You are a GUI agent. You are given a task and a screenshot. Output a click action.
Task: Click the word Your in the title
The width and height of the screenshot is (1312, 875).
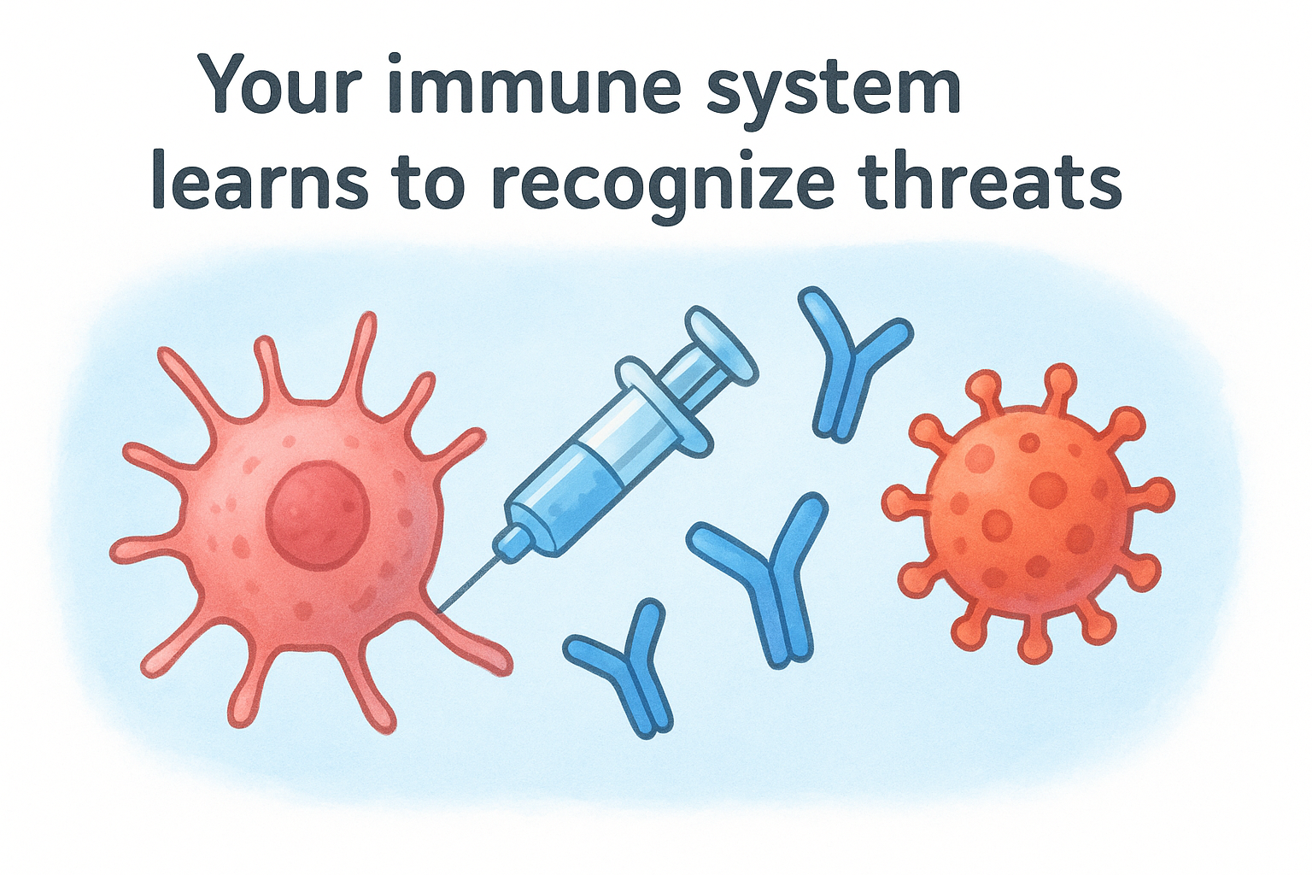tap(271, 85)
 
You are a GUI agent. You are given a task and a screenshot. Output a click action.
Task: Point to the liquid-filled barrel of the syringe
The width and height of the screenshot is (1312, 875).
tap(581, 479)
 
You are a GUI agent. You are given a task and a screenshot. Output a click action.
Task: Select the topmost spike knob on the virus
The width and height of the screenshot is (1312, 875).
tap(1060, 377)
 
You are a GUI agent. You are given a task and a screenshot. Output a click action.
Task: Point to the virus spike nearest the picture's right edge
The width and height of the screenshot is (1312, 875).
tap(1159, 495)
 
